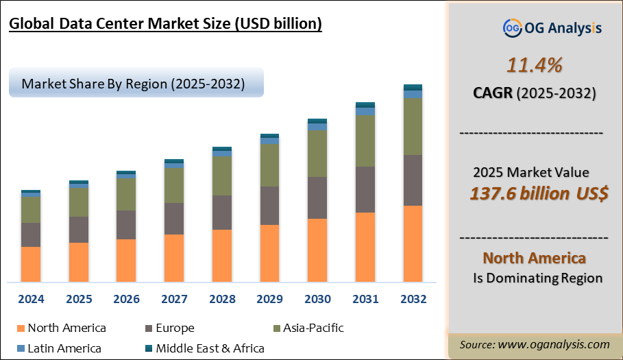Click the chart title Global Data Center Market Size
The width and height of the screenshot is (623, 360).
[x=165, y=24]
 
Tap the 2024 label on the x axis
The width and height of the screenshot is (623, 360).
[x=31, y=299]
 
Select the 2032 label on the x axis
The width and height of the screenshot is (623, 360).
[x=413, y=299]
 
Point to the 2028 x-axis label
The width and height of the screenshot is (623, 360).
[x=221, y=299]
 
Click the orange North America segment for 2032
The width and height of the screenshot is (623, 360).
[x=413, y=243]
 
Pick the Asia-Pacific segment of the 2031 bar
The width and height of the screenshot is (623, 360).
[x=365, y=141]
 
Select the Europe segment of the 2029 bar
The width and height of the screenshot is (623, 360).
[x=269, y=205]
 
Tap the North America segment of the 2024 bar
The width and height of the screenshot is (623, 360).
[x=31, y=264]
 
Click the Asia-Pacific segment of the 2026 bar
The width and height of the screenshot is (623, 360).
[x=126, y=194]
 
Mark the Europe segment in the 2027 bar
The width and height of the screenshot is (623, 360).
[x=174, y=218]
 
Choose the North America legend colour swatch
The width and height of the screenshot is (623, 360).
[x=19, y=328]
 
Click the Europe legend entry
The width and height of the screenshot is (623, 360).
[x=175, y=328]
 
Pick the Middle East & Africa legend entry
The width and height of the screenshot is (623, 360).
[x=210, y=348]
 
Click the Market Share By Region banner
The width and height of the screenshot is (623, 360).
[x=135, y=84]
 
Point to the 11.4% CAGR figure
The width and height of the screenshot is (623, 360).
[x=534, y=65]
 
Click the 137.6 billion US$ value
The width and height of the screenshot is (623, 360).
[x=539, y=193]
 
